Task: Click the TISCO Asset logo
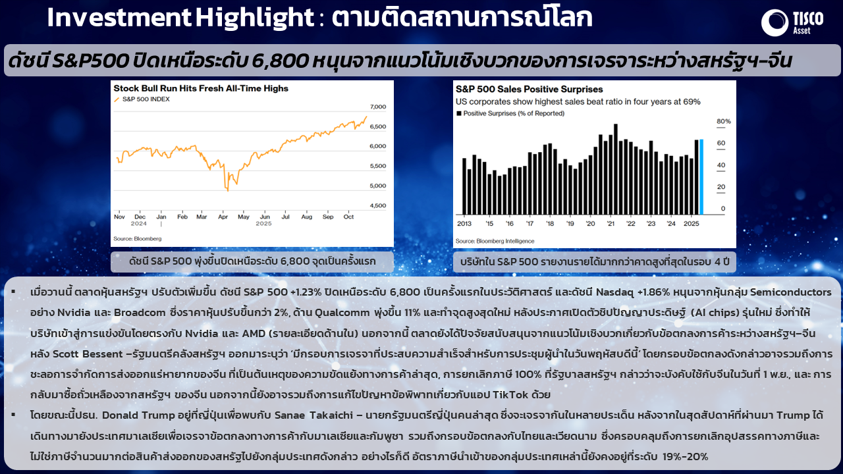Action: click(792, 22)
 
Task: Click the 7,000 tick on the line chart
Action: click(378, 107)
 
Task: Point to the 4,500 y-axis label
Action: click(378, 206)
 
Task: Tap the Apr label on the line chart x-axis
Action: click(223, 217)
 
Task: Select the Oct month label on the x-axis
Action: click(348, 217)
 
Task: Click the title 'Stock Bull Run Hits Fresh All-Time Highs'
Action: click(201, 88)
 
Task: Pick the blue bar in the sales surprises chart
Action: click(701, 177)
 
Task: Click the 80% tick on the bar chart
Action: click(723, 122)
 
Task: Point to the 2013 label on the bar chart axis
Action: click(464, 224)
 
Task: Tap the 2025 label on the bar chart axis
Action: click(691, 224)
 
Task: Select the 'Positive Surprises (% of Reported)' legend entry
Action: click(510, 114)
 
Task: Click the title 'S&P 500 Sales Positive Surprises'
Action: click(529, 89)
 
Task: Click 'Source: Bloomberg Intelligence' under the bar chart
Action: click(495, 241)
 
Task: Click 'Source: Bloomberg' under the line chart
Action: click(138, 239)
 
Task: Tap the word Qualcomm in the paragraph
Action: click(342, 313)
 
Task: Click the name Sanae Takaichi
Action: click(313, 415)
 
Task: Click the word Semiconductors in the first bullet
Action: click(791, 292)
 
